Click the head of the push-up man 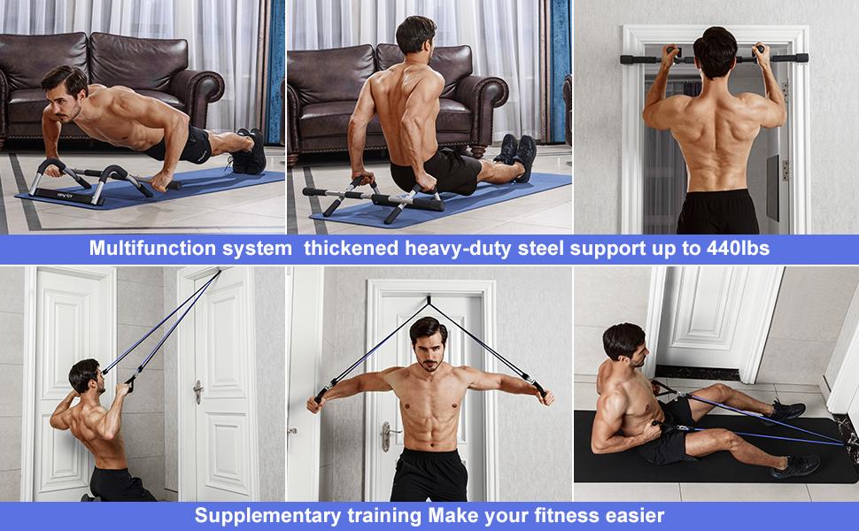pos(61,85)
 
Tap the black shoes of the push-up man pos(250,150)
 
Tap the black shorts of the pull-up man pos(717,212)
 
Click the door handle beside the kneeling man pos(197,390)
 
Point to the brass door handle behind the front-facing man pos(386,433)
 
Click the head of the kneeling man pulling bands pos(84,375)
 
